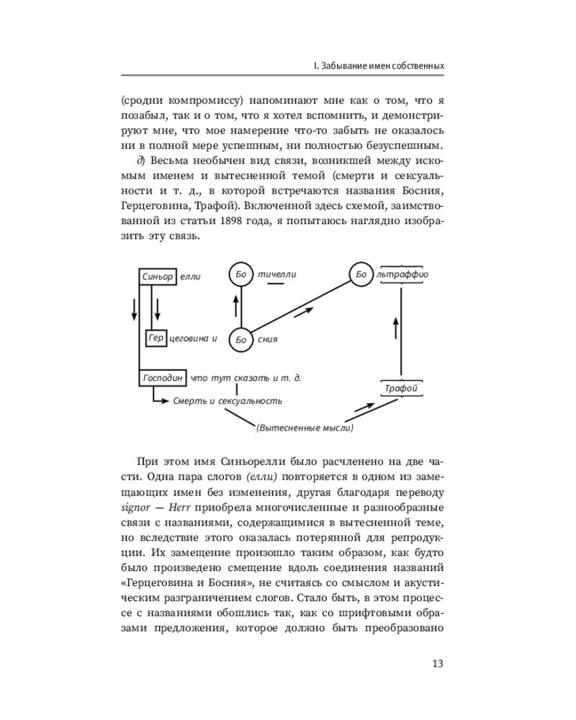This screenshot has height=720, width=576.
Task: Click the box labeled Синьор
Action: coord(158,276)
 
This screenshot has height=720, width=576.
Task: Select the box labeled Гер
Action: coord(156,337)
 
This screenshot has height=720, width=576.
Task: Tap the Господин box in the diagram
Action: coord(163,377)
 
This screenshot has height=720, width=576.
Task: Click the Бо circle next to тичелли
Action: coord(241,274)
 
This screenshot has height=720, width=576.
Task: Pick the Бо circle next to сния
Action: coord(241,338)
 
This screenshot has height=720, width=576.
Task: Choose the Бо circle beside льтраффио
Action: coord(361,274)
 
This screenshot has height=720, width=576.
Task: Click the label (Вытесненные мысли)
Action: coord(305,428)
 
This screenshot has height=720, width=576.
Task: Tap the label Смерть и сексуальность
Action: coord(228,401)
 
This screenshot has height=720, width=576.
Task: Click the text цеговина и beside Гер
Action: coord(193,338)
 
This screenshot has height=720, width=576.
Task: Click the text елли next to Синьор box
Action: coord(190,276)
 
